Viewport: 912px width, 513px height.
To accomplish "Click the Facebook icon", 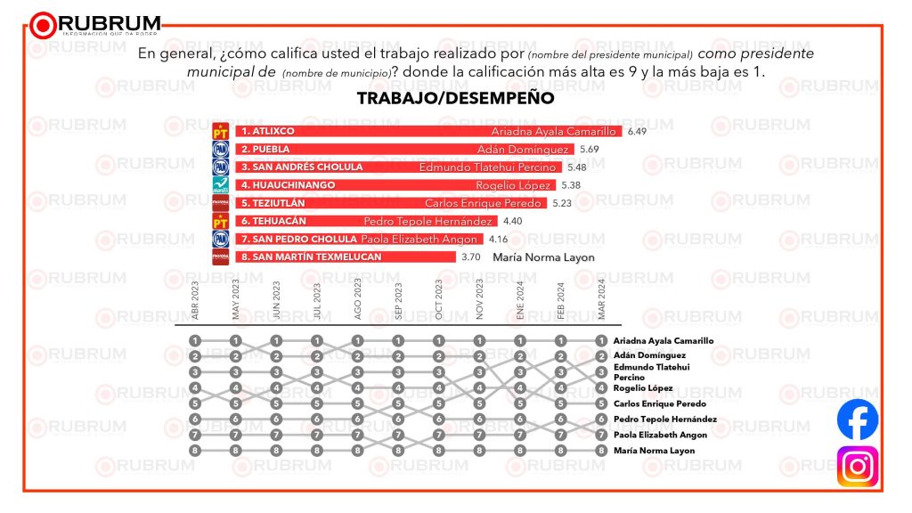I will tap(857, 420).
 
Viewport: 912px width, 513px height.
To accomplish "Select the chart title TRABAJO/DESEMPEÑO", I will tap(455, 98).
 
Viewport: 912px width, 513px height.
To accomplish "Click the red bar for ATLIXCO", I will tap(428, 131).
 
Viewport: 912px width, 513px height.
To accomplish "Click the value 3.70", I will tap(471, 257).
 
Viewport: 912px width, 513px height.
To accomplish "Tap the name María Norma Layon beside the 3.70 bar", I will tap(543, 257).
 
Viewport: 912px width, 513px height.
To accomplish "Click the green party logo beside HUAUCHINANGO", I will tap(220, 184).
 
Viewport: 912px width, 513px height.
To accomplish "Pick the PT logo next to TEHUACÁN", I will tap(220, 221).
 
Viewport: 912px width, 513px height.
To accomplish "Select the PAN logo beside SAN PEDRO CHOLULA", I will tap(220, 239).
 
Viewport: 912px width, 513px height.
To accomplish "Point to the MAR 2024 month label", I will tap(602, 300).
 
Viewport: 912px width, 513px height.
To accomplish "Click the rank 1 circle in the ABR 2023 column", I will tap(195, 340).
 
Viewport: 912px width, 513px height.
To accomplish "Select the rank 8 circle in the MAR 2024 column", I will tap(602, 451).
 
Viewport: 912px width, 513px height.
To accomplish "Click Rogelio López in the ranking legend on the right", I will tap(642, 388).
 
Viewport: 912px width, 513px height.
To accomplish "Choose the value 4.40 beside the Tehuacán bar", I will tap(513, 221).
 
